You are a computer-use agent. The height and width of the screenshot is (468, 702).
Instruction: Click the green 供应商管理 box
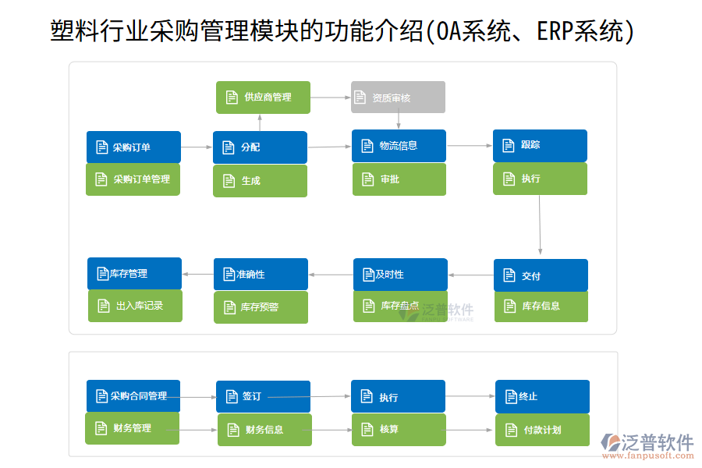click(263, 97)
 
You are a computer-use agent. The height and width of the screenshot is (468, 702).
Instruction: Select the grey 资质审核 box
click(398, 97)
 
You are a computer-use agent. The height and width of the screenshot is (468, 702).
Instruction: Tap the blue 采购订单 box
click(133, 147)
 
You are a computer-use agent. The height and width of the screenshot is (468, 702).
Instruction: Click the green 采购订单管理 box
click(133, 179)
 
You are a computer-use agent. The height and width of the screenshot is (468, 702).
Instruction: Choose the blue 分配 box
click(260, 147)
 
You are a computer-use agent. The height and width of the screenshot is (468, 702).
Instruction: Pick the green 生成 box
click(260, 181)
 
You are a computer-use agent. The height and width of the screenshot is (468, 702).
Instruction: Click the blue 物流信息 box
click(399, 146)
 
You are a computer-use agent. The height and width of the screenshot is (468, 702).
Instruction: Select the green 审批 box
click(399, 179)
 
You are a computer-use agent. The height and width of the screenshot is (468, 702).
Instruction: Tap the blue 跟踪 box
click(540, 146)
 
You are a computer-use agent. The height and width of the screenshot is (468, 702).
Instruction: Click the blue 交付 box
click(541, 275)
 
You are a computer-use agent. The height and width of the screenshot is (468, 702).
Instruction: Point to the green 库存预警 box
click(261, 307)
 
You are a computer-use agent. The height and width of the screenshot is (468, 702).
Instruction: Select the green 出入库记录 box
click(135, 306)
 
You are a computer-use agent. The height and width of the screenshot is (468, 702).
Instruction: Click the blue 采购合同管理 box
click(133, 396)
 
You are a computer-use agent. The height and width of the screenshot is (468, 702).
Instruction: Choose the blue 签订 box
click(263, 396)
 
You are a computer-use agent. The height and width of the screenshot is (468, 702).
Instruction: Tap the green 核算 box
click(398, 430)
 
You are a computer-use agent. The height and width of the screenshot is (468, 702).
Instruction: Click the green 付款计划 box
click(542, 430)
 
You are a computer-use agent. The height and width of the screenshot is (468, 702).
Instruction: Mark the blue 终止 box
click(542, 396)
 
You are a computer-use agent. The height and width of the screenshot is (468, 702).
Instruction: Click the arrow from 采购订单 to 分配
click(197, 147)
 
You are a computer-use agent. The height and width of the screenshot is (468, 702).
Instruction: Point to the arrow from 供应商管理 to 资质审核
click(330, 97)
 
